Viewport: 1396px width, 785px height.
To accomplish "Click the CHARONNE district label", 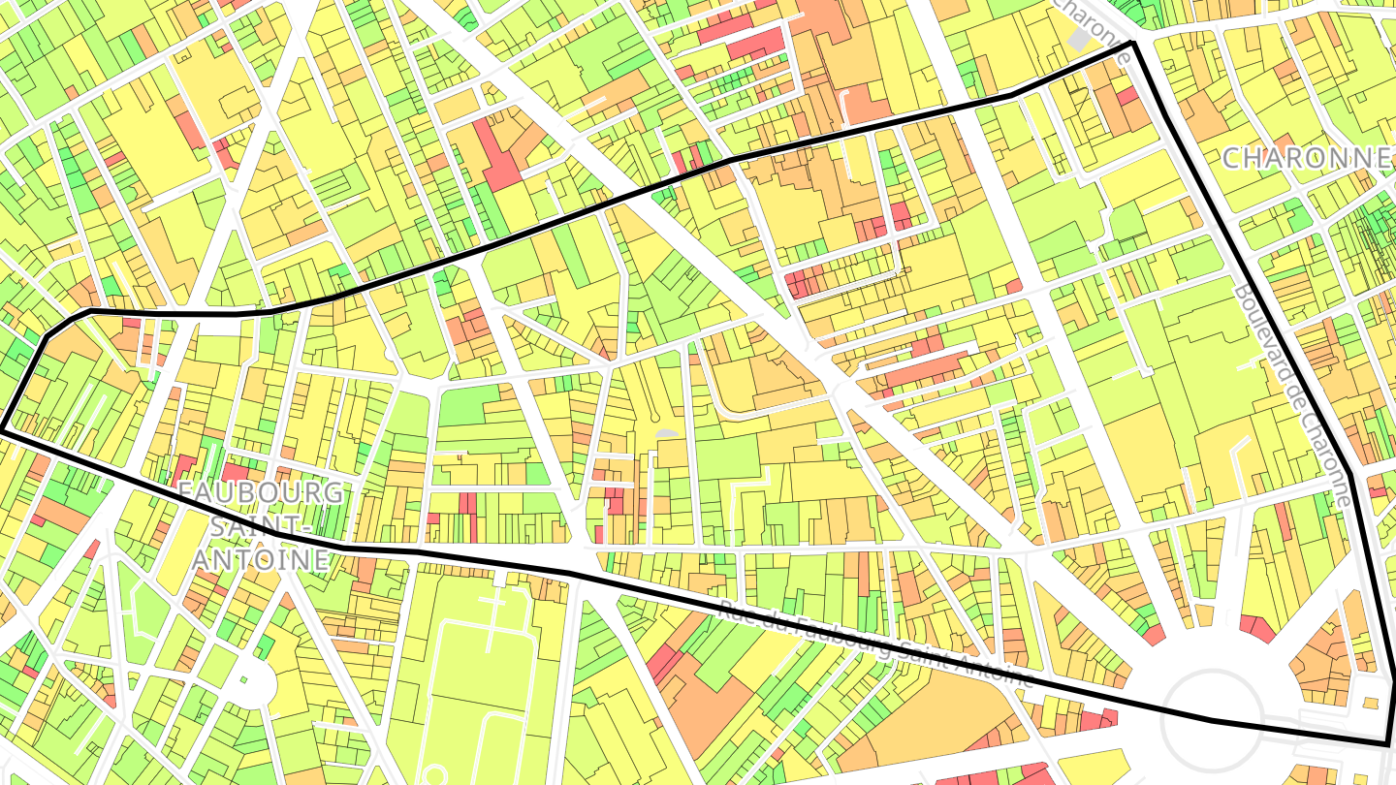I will pos(1306,157).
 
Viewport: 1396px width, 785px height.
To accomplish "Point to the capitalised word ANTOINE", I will pos(260,559).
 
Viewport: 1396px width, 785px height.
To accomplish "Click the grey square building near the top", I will pos(1078,39).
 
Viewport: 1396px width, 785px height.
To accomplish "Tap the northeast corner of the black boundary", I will pos(1132,45).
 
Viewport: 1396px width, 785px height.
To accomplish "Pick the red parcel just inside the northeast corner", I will pos(1126,96).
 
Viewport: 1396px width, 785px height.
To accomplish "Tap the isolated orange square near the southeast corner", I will pos(1371,702).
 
